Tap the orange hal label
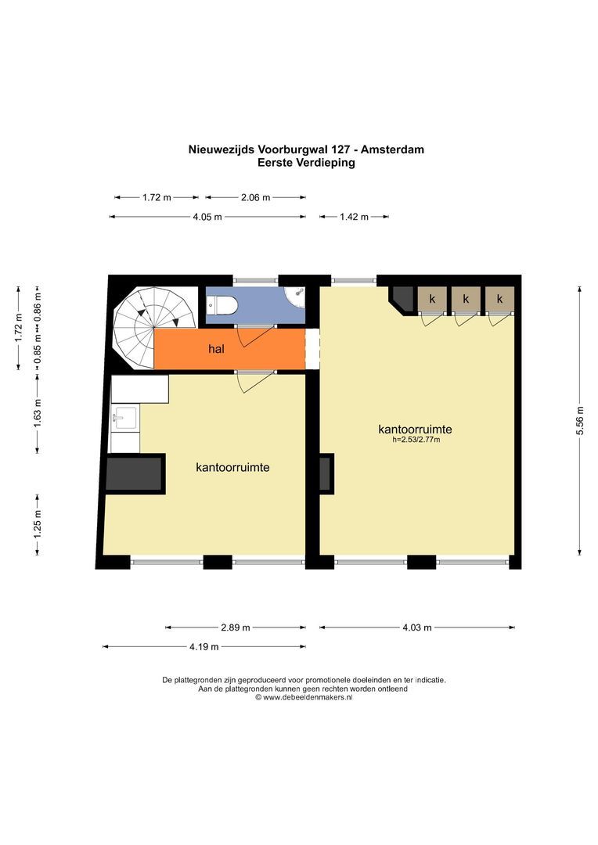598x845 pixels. click(x=216, y=349)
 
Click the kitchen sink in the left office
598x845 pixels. click(x=125, y=418)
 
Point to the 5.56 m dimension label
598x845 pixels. click(x=580, y=421)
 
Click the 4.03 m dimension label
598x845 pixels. click(x=417, y=627)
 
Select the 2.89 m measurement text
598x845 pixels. click(x=236, y=627)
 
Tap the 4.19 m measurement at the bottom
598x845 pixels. click(x=204, y=647)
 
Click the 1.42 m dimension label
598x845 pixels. click(x=355, y=217)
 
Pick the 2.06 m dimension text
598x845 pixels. click(x=256, y=197)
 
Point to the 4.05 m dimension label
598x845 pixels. click(x=207, y=217)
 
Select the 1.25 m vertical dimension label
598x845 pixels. click(x=38, y=523)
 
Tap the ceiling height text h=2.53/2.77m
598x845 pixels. click(x=416, y=440)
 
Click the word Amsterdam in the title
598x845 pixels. click(x=393, y=149)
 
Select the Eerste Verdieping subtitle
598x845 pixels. click(x=306, y=162)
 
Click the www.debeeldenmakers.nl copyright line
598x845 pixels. click(x=304, y=697)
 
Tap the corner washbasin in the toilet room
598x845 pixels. click(x=296, y=295)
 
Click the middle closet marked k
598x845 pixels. click(x=466, y=300)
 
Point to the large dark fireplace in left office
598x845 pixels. click(x=135, y=473)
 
